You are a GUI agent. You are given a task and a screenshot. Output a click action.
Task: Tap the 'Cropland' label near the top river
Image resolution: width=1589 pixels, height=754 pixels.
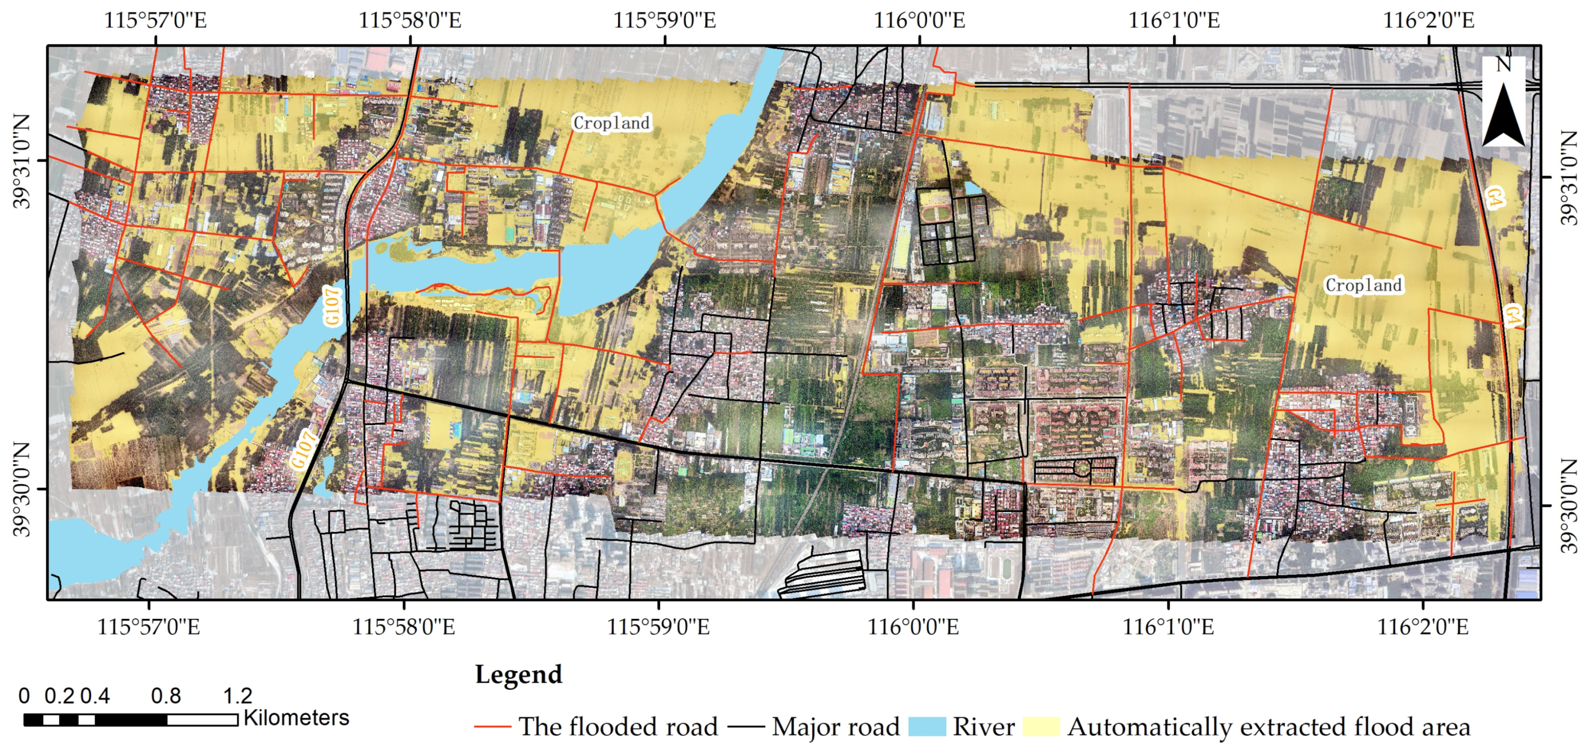611,123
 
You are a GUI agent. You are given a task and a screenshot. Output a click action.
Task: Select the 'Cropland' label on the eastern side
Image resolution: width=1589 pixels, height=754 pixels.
1363,285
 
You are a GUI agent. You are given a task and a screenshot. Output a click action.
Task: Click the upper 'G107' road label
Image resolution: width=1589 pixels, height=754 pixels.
332,306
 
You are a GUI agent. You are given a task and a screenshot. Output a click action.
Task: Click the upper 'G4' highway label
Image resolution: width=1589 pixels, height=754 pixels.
1495,197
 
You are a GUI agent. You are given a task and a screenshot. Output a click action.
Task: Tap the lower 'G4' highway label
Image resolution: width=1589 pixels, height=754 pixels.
1512,315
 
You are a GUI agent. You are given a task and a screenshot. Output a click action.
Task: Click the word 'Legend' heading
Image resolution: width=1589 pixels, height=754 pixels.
518,674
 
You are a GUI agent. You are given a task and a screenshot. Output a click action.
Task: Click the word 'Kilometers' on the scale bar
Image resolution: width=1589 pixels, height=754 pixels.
296,718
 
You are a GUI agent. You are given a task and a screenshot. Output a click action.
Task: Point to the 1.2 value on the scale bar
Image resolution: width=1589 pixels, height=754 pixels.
237,696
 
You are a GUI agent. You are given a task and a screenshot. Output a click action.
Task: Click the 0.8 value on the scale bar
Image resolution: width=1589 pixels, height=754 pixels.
166,696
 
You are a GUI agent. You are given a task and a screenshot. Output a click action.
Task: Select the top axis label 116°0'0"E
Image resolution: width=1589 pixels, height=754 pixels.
919,20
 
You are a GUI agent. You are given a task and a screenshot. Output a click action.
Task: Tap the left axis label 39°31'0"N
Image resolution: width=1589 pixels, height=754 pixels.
22,161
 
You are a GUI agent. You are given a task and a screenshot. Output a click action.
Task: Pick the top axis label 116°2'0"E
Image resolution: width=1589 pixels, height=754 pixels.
1428,20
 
